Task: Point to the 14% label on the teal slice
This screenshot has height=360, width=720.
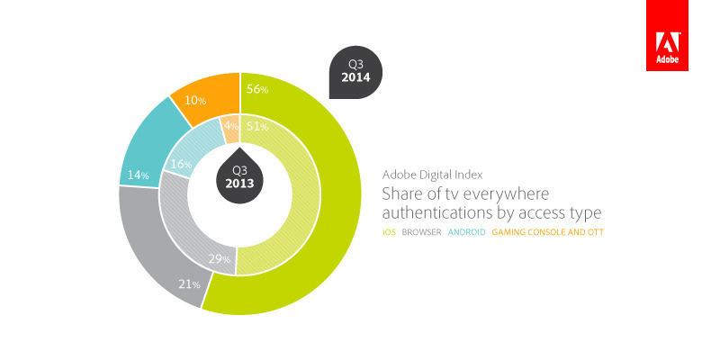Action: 138,175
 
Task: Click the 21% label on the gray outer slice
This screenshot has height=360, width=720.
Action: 189,285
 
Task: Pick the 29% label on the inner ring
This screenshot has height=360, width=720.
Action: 220,260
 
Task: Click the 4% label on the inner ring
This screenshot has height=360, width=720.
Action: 229,127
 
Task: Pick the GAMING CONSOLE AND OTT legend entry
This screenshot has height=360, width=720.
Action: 546,232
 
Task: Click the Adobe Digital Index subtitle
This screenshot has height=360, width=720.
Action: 433,175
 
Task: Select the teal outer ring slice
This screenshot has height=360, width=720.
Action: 148,144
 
